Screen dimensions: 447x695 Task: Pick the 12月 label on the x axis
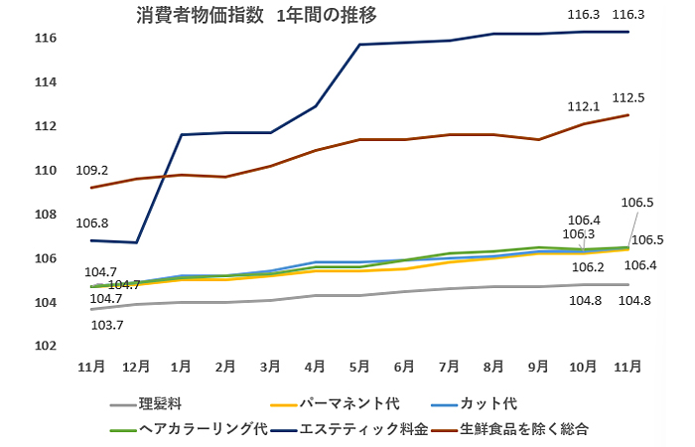click(x=136, y=367)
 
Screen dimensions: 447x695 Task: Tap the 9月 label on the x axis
click(x=538, y=367)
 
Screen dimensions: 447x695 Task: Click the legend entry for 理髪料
click(x=160, y=404)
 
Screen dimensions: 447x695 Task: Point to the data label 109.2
click(x=91, y=170)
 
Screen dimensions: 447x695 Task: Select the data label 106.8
click(x=91, y=223)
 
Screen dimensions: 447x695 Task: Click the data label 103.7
click(x=106, y=325)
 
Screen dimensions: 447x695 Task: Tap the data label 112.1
click(x=583, y=106)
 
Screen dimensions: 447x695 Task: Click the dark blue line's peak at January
click(x=181, y=134)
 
